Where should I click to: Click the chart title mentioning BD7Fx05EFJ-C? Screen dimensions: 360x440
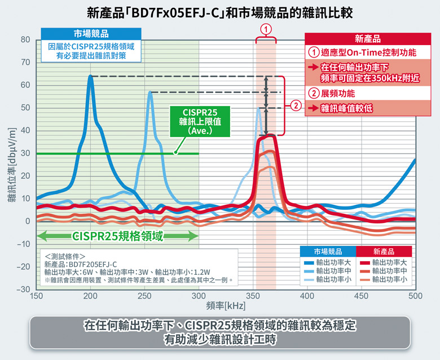coord(219,12)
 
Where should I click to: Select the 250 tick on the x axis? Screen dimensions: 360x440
coord(145,296)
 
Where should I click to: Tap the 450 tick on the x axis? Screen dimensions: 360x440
coord(361,296)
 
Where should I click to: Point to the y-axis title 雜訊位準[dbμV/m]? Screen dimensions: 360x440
coord(12,164)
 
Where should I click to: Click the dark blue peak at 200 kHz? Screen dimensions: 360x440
coord(90,77)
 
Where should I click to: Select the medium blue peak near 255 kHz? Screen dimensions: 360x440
coord(150,93)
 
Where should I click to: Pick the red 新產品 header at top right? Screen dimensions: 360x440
coord(368,39)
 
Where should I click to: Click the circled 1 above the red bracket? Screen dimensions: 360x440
coord(266,29)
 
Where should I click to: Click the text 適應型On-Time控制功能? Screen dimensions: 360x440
coord(368,52)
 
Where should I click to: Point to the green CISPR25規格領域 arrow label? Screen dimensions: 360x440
coord(117,236)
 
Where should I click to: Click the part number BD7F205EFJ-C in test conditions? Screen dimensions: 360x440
coord(93,264)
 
